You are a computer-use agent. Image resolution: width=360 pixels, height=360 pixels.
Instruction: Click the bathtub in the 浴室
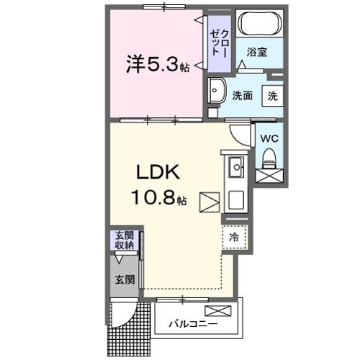(x=260, y=23)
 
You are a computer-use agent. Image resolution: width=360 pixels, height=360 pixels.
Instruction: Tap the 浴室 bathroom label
(x=257, y=52)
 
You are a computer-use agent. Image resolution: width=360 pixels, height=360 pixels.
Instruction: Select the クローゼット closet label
(x=220, y=43)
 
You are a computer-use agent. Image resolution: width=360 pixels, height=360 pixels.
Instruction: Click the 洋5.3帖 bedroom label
(x=158, y=64)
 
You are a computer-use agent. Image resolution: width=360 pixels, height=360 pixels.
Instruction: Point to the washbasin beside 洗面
(x=217, y=91)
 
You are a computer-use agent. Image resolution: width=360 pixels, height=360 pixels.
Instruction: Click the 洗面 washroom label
(x=242, y=96)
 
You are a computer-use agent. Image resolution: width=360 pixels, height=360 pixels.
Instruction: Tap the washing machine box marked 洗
(x=273, y=96)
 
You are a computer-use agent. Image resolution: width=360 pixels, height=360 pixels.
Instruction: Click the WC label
(x=269, y=138)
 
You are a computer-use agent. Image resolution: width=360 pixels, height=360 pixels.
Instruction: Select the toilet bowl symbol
(x=269, y=159)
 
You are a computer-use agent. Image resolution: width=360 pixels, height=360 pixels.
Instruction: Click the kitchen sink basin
(x=236, y=167)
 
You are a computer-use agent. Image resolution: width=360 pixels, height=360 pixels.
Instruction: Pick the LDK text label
(x=158, y=172)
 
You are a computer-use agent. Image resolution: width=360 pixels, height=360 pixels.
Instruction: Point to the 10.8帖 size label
(x=159, y=197)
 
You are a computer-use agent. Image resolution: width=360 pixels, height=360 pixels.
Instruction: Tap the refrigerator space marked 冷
(x=234, y=237)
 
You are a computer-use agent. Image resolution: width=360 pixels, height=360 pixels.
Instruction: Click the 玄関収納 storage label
(x=125, y=240)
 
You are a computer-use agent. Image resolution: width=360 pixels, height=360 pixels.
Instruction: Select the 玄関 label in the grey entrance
(x=125, y=279)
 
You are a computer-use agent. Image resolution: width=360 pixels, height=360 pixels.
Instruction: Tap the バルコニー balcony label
(x=193, y=324)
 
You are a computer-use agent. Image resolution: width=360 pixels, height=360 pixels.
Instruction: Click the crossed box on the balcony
(x=218, y=311)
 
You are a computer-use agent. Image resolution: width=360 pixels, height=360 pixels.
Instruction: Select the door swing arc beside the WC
(x=236, y=138)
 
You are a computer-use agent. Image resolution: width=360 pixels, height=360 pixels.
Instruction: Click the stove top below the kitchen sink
(x=236, y=200)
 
